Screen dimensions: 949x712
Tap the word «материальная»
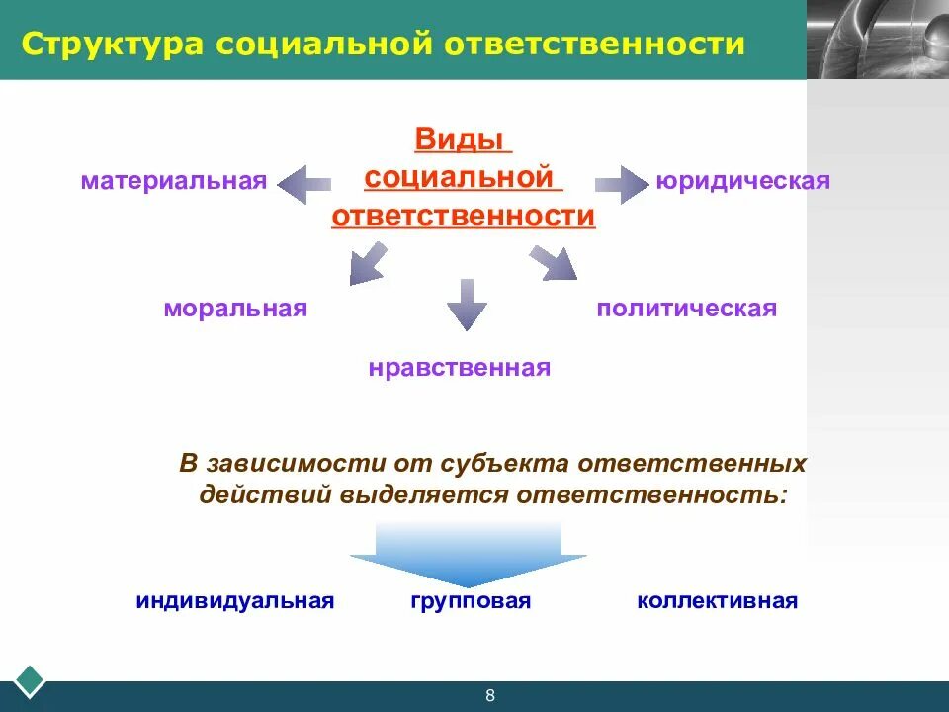pos(174,182)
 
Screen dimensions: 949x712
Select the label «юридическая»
pos(741,182)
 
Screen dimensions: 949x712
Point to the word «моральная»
pos(235,309)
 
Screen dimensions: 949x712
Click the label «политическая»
pos(686,309)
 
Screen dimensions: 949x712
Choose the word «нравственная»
pos(460,369)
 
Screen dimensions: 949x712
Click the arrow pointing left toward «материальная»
pos(303,184)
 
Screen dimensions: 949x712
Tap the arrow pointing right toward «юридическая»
pos(620,184)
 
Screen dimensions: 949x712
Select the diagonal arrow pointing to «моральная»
pos(367,264)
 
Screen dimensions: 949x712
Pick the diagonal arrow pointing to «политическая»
pos(553,264)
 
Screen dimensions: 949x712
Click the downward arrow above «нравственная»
pos(467,304)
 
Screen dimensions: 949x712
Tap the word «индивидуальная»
pos(235,601)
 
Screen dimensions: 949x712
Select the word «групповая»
pos(471,601)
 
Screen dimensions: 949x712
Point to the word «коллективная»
pos(717,601)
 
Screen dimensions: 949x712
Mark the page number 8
pos(489,696)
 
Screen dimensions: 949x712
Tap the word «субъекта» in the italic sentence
pos(511,463)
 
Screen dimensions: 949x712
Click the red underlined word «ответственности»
pos(464,216)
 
